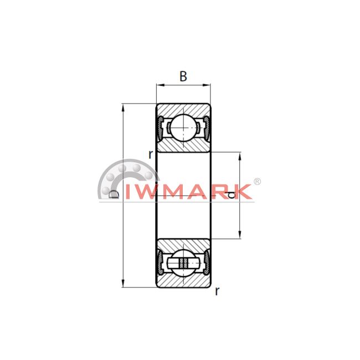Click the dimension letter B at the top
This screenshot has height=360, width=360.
(183, 76)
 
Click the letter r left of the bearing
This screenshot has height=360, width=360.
(151, 155)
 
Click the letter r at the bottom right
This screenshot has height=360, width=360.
(217, 291)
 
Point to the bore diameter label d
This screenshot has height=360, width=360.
(232, 195)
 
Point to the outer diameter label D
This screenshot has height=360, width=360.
(114, 194)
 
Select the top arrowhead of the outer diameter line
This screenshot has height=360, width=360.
(123, 107)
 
